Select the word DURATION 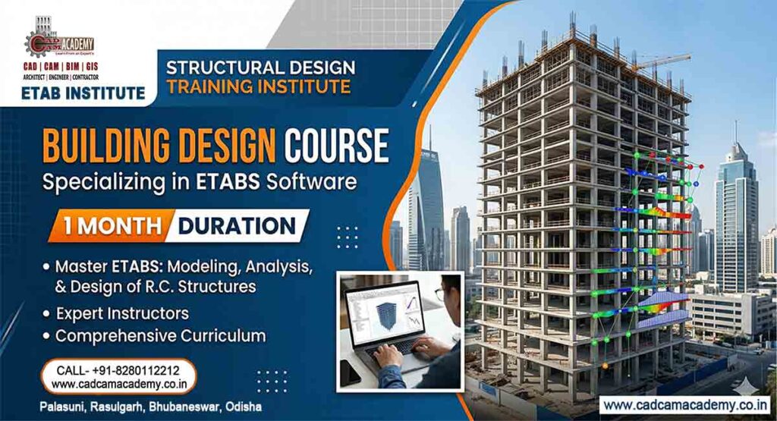point(238,226)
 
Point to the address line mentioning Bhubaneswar point(151,407)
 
